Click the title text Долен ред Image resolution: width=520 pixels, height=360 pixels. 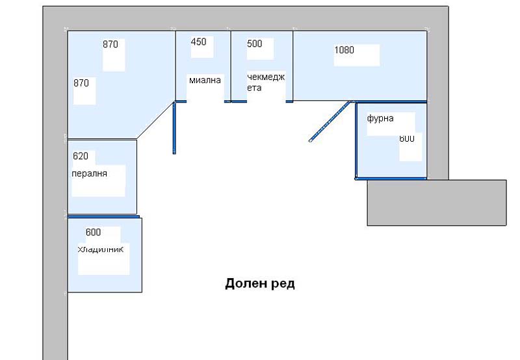[259, 284]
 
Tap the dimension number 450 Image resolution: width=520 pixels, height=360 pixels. [198, 42]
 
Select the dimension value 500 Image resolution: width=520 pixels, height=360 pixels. [255, 44]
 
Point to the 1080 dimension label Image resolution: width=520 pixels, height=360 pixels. [344, 49]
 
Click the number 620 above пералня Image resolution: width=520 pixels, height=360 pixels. [81, 156]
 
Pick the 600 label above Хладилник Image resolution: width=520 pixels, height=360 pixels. [93, 232]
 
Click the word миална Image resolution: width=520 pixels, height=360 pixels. [205, 80]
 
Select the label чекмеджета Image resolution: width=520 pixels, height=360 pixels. [265, 82]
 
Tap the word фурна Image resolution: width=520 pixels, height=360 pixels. [380, 119]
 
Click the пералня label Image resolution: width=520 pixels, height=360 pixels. [89, 174]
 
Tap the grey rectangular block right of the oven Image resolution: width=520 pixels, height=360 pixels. [436, 203]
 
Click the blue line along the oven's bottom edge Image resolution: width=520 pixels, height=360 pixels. [391, 178]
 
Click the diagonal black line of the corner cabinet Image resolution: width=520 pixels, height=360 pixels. [155, 120]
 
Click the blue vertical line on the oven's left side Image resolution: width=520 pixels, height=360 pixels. [356, 140]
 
